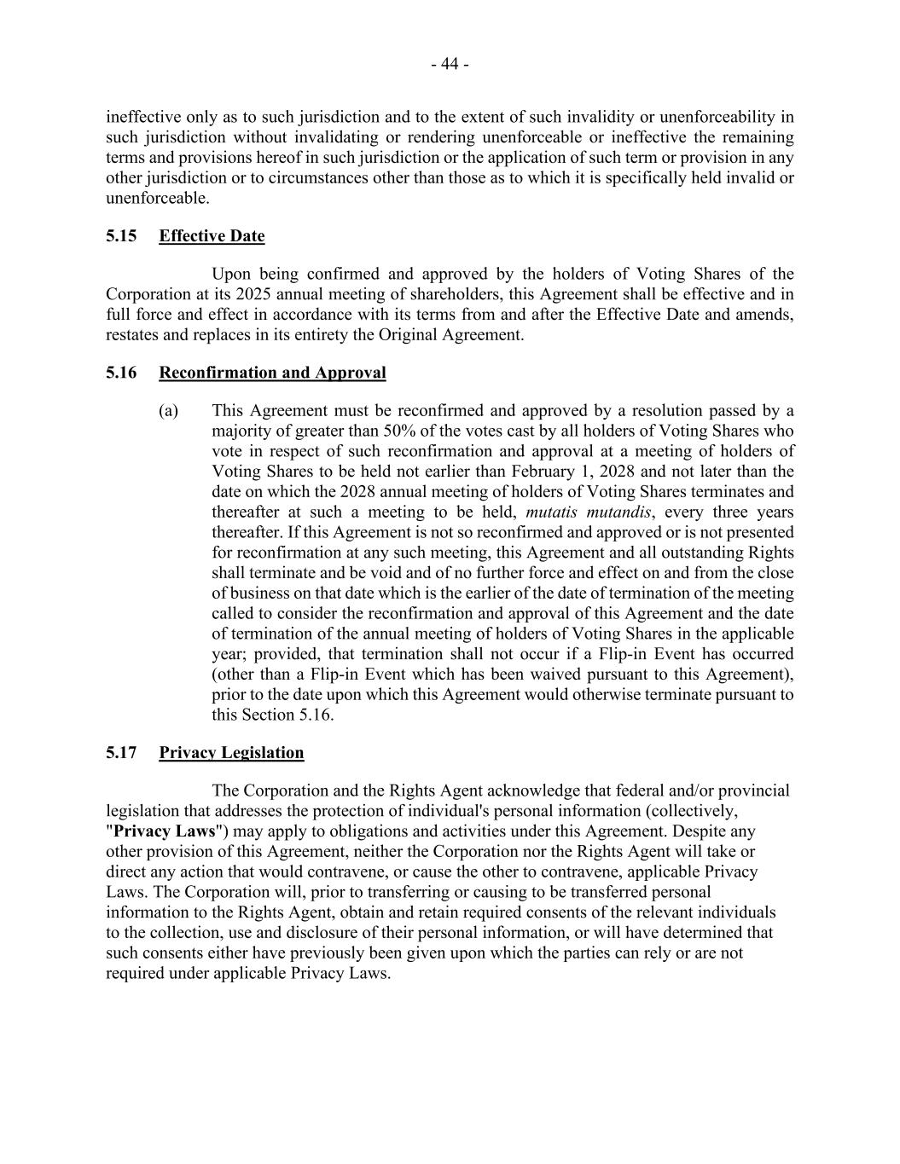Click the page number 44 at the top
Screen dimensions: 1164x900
[450, 64]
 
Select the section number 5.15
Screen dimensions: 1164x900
[121, 236]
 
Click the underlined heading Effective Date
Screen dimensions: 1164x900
[212, 236]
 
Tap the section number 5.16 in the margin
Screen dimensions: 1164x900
[121, 373]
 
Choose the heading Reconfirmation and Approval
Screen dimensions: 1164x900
[272, 373]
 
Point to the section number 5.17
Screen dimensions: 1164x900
[121, 752]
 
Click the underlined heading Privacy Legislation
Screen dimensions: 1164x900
[231, 752]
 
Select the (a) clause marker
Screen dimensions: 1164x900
[168, 411]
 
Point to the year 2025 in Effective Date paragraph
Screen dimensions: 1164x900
[257, 294]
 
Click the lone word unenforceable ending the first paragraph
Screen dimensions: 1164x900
[156, 199]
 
